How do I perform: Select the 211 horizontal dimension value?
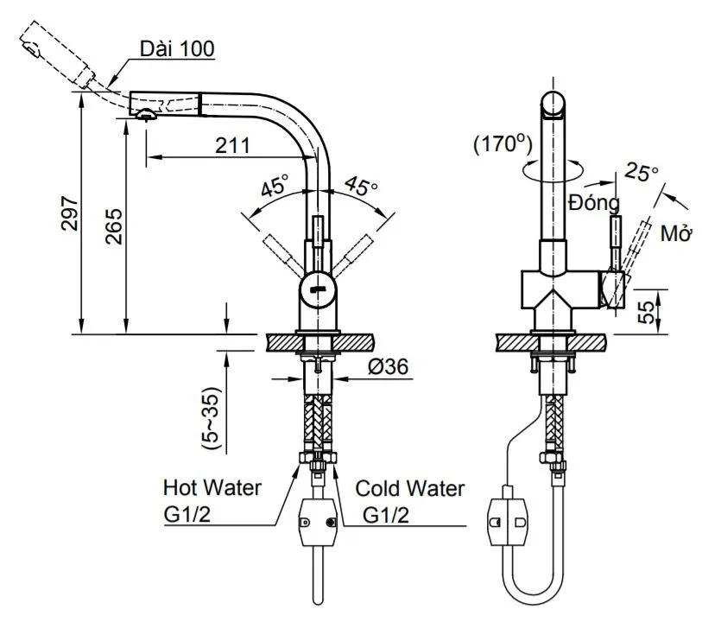click(x=233, y=145)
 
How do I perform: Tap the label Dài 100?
click(x=179, y=48)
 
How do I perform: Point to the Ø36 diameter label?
click(x=388, y=367)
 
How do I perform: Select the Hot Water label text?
click(x=212, y=488)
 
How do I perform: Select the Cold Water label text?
click(x=410, y=489)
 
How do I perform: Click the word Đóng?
click(x=594, y=204)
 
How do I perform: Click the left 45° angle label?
click(x=275, y=184)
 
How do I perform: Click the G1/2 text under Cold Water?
click(x=385, y=516)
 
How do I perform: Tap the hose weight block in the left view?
click(x=316, y=523)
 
